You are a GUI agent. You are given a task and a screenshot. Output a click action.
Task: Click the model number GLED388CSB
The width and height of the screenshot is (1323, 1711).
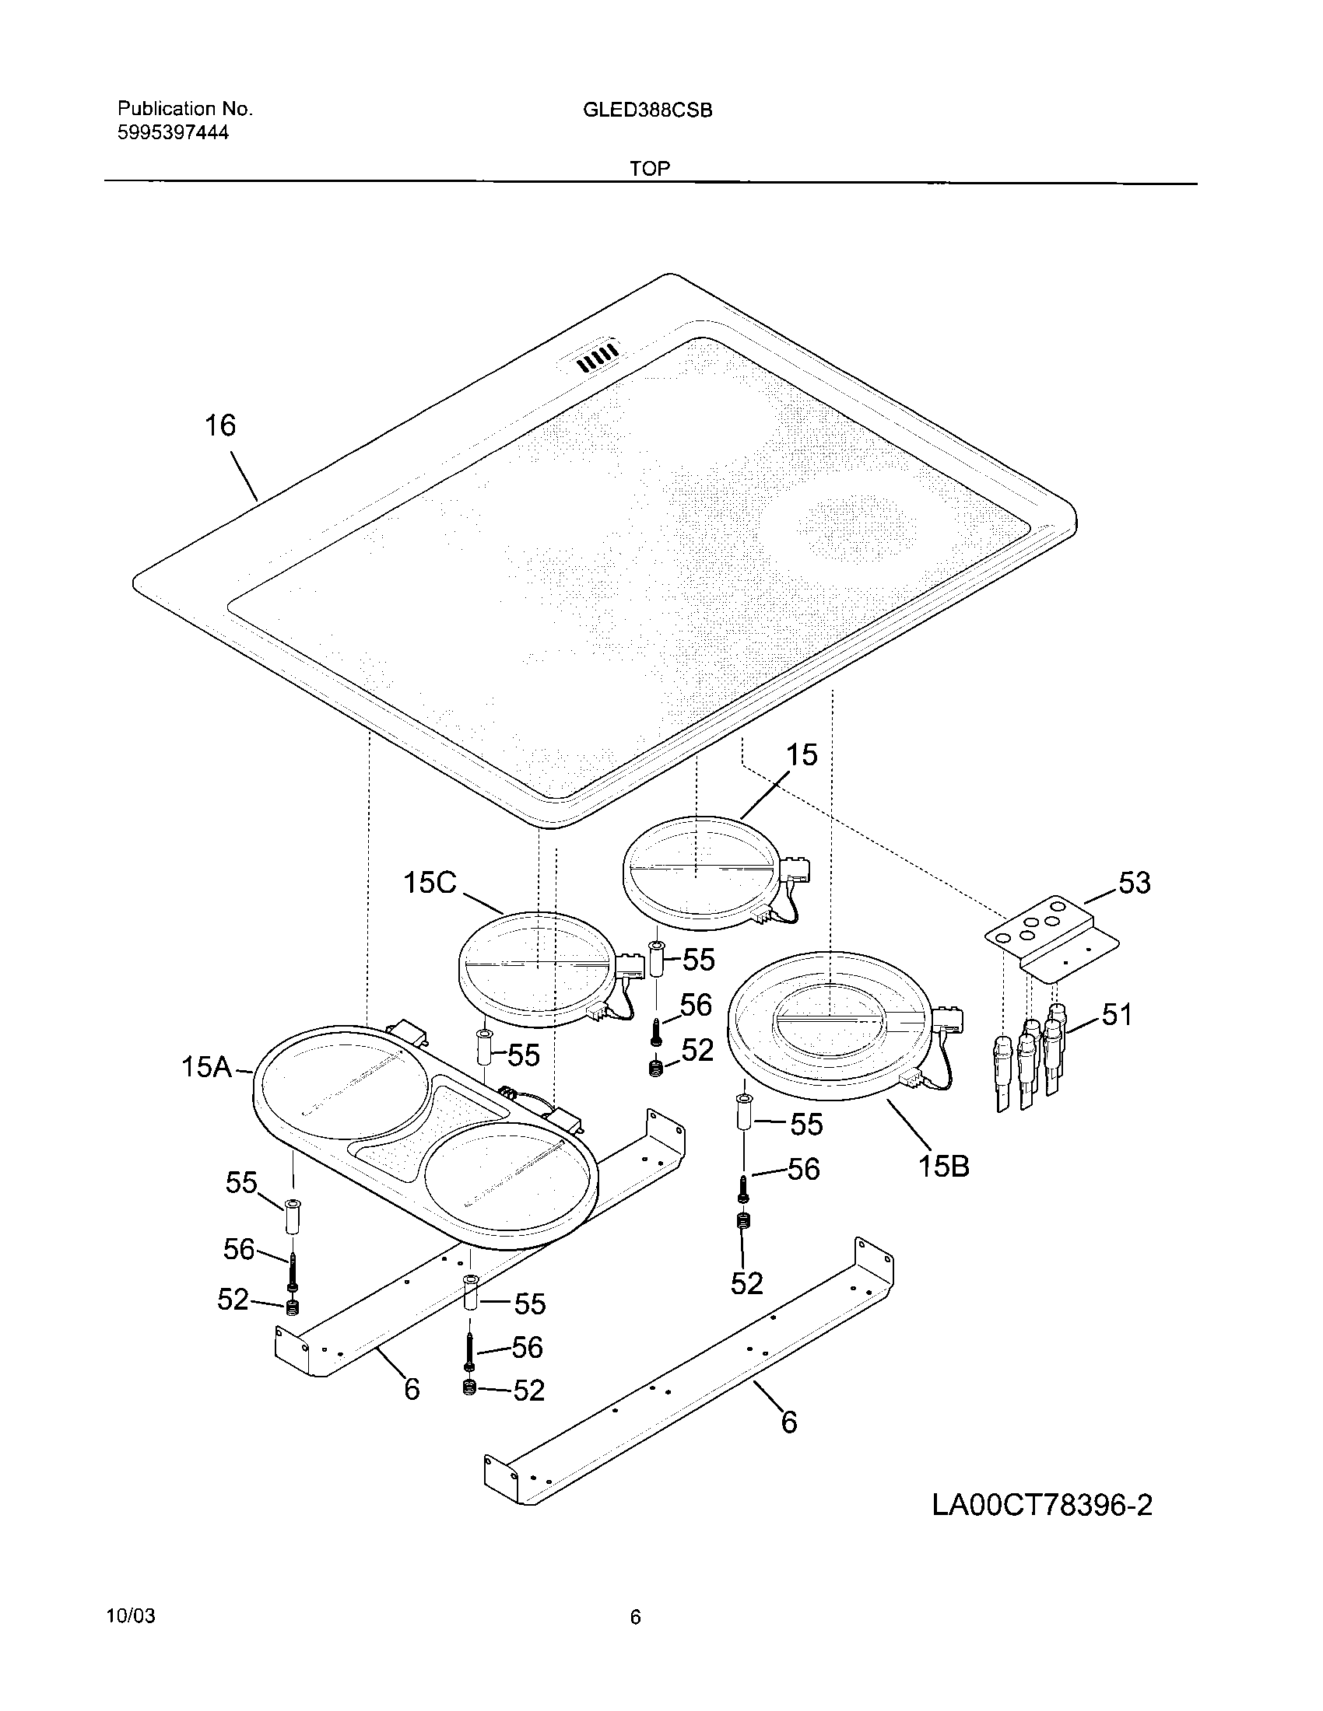[647, 110]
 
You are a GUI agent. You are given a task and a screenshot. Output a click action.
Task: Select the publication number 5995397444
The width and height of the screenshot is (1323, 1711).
[174, 132]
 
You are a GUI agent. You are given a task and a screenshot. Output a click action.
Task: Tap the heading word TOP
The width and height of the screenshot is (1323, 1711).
[650, 168]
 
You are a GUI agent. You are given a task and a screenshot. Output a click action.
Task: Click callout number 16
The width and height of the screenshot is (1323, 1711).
[220, 425]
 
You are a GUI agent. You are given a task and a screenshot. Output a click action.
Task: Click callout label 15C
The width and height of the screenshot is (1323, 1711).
[430, 883]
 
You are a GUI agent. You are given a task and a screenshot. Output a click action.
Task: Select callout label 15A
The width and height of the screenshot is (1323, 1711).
[206, 1066]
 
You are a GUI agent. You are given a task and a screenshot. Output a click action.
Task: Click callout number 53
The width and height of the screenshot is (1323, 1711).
[1134, 883]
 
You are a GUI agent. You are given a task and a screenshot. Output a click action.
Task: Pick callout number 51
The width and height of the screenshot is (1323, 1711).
[1117, 1014]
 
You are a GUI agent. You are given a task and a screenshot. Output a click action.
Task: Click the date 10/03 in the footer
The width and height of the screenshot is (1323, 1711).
[130, 1632]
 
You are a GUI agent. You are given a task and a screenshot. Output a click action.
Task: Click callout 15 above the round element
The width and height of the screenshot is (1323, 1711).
[801, 754]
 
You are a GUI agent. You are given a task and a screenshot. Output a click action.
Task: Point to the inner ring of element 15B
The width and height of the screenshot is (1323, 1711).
[831, 1019]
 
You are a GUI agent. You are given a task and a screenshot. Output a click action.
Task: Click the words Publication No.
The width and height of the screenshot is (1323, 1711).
[185, 109]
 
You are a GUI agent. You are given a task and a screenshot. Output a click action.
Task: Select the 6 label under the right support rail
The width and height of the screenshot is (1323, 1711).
[789, 1421]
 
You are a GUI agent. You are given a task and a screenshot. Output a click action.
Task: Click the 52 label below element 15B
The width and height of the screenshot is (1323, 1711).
[746, 1283]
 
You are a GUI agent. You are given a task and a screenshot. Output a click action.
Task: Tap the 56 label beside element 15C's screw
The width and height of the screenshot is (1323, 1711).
[695, 1005]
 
